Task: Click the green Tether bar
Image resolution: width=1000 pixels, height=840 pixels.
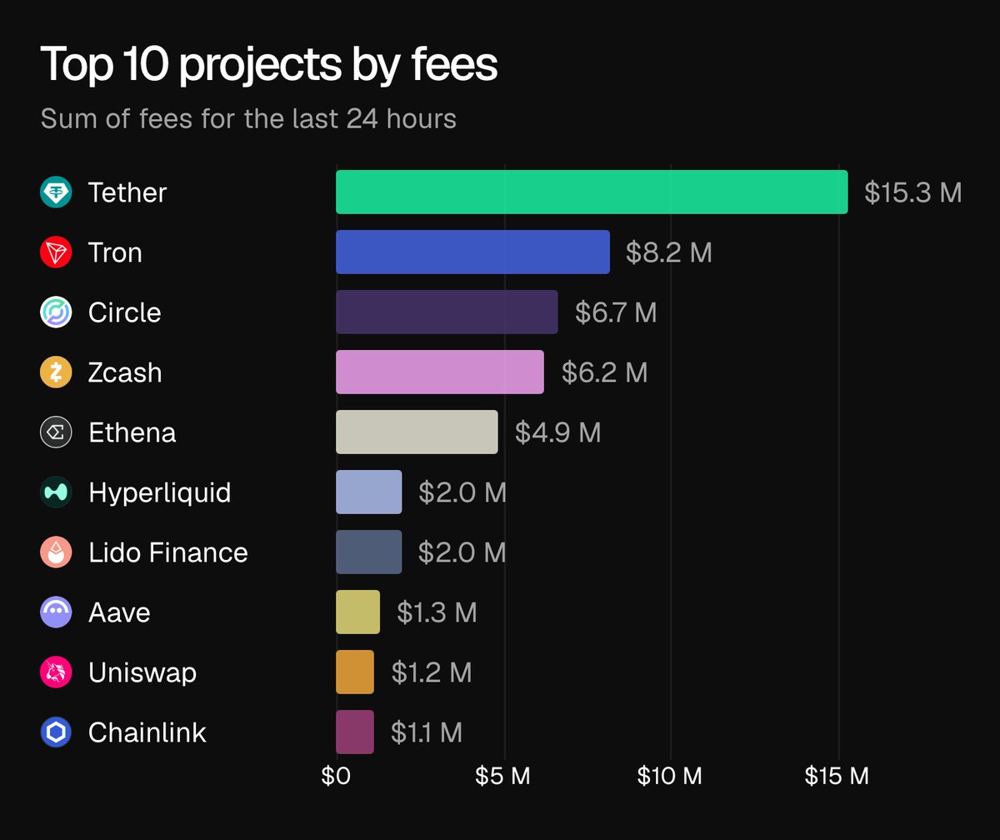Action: [592, 192]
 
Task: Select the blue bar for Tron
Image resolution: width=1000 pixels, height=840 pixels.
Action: [472, 252]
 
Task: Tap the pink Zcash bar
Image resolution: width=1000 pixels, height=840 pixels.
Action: [440, 372]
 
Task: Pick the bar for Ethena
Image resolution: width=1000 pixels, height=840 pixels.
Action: [417, 432]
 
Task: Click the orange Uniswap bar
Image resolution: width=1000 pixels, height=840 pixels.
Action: [355, 672]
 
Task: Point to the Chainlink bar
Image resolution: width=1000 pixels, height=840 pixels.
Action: [355, 732]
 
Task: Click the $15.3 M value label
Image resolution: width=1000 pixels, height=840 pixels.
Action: [913, 192]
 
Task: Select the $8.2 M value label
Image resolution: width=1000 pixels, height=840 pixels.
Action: [669, 252]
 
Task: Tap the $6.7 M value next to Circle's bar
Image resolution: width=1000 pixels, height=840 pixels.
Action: [616, 312]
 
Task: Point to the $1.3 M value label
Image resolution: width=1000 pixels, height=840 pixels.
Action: [437, 612]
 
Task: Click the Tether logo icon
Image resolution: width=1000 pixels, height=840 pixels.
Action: [57, 192]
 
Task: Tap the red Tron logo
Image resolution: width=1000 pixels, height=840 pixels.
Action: [57, 252]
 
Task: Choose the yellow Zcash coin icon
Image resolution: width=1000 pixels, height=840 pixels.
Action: [57, 372]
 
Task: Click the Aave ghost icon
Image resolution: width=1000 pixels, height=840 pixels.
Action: [57, 612]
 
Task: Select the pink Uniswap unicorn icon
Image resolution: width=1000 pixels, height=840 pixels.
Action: [57, 672]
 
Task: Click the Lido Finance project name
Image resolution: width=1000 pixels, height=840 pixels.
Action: [168, 552]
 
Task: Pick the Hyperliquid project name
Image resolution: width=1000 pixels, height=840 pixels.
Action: [159, 492]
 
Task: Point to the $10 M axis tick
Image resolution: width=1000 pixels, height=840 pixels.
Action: [669, 777]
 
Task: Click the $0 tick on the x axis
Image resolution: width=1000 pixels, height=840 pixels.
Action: [337, 777]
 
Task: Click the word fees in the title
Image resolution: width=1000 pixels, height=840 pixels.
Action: [455, 65]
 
